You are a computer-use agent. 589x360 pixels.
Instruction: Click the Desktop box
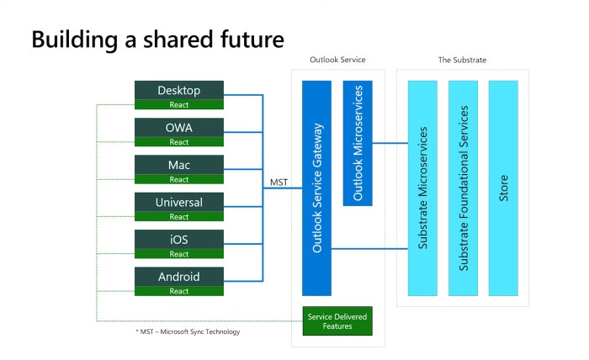(x=179, y=90)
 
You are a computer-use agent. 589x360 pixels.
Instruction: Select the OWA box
(x=179, y=127)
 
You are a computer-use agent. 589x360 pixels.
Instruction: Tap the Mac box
(x=179, y=164)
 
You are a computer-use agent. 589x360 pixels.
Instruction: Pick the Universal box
(x=179, y=202)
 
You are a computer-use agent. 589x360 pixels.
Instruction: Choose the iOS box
(x=179, y=239)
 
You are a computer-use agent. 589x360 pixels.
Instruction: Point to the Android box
(x=179, y=276)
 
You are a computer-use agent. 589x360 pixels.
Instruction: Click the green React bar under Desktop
(x=179, y=105)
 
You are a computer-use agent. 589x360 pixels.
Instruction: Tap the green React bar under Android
(x=179, y=291)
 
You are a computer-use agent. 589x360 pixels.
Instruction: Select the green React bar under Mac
(x=179, y=179)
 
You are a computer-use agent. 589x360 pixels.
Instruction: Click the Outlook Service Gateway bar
(x=317, y=188)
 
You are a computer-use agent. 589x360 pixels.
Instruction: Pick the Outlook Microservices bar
(x=358, y=143)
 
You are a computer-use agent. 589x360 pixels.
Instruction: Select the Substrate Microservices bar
(x=422, y=188)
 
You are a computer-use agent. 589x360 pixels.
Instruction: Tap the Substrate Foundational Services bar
(x=463, y=188)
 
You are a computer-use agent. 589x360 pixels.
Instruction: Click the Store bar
(x=503, y=188)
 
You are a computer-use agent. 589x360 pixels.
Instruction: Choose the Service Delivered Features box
(x=337, y=320)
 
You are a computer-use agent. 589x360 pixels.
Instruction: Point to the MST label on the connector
(x=279, y=182)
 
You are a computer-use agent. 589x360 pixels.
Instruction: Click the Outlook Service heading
(x=338, y=60)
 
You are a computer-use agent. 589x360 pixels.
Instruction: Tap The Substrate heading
(x=462, y=60)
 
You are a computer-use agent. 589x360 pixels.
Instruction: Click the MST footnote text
(x=188, y=331)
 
